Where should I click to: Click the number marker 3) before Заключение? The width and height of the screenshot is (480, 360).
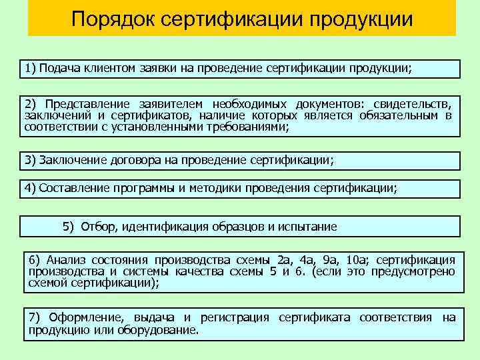click(x=31, y=160)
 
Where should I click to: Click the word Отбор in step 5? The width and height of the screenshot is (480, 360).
click(x=99, y=227)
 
